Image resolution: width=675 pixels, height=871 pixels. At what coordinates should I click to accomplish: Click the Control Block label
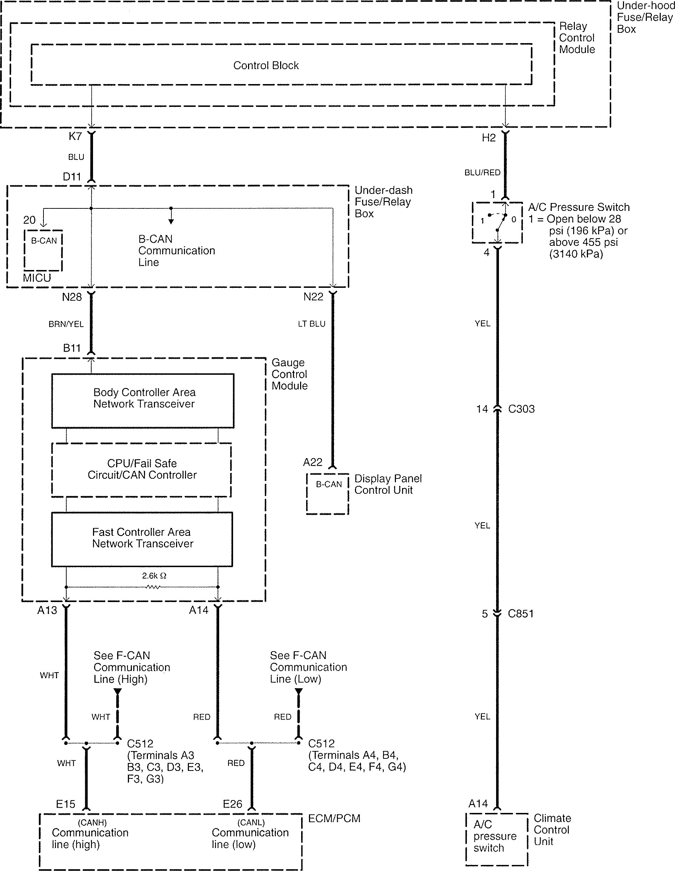point(266,66)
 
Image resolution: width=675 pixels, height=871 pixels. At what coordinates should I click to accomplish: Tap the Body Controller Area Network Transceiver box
point(143,400)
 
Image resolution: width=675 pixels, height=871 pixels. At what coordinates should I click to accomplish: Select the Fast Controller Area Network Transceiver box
point(142,539)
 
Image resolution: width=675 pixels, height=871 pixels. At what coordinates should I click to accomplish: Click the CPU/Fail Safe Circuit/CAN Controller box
point(141,470)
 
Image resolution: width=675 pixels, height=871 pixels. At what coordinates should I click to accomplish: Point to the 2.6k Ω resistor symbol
point(154,587)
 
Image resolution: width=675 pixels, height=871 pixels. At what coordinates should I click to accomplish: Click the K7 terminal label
point(75,136)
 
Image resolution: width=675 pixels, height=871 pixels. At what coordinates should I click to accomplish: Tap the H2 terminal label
point(489,138)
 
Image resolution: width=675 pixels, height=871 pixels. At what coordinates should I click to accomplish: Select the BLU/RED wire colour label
point(482,173)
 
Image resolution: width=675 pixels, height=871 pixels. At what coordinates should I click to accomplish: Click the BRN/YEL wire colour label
point(66,324)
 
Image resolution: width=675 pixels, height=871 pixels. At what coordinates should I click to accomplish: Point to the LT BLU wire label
point(311,324)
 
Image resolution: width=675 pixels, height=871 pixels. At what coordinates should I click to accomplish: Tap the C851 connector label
point(521,614)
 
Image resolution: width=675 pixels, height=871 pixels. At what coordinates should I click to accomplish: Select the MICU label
point(37,278)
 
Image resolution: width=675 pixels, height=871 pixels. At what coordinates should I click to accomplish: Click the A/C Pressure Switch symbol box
point(497,222)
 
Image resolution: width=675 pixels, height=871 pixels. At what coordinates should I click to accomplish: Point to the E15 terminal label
point(66,804)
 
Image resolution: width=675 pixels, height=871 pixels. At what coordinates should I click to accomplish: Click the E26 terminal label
point(233,804)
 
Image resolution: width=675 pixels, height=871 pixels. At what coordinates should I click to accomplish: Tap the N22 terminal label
point(313,297)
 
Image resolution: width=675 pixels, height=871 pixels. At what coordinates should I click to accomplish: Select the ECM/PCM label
point(334,819)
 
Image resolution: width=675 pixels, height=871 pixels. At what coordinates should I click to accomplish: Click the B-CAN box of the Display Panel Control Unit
point(328,494)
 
